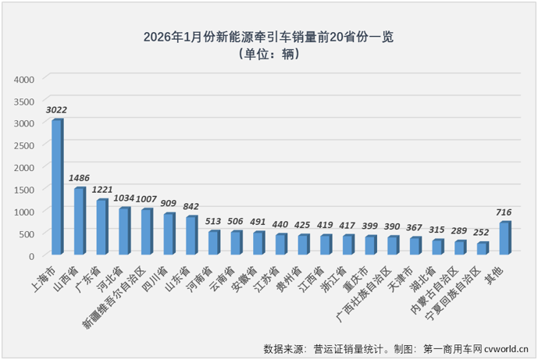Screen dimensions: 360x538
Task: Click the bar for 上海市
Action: click(57, 187)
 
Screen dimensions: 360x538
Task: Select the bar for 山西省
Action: click(79, 221)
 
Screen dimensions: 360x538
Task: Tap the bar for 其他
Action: click(504, 238)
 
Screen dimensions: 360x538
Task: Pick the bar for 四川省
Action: click(169, 233)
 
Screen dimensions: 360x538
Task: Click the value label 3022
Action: click(57, 110)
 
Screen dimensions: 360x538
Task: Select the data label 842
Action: click(191, 207)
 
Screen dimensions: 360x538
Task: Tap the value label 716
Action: click(505, 212)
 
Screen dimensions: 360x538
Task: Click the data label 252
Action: click(483, 233)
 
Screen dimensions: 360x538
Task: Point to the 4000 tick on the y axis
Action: click(24, 79)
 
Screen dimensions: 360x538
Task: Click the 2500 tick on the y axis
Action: click(24, 145)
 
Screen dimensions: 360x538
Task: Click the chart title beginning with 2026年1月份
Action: click(269, 37)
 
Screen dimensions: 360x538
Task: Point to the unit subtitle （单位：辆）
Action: click(269, 54)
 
